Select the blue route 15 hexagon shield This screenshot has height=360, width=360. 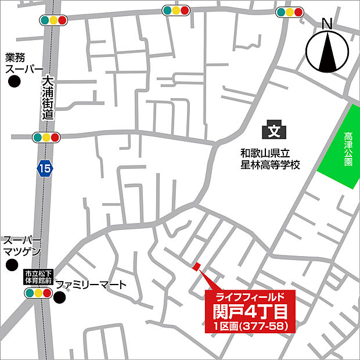[44, 168]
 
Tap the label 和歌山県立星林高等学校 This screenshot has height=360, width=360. [271, 160]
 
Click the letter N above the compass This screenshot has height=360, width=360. [327, 24]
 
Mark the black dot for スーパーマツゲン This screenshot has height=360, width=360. [10, 265]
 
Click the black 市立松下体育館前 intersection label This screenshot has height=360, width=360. [39, 276]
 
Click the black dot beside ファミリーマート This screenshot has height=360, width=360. [60, 298]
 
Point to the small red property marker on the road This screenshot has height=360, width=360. [196, 267]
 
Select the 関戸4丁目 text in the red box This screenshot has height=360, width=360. [250, 312]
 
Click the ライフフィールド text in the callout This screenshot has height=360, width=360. [250, 297]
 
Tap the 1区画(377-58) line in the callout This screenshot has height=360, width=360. [250, 327]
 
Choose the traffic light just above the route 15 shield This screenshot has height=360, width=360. [45, 137]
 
